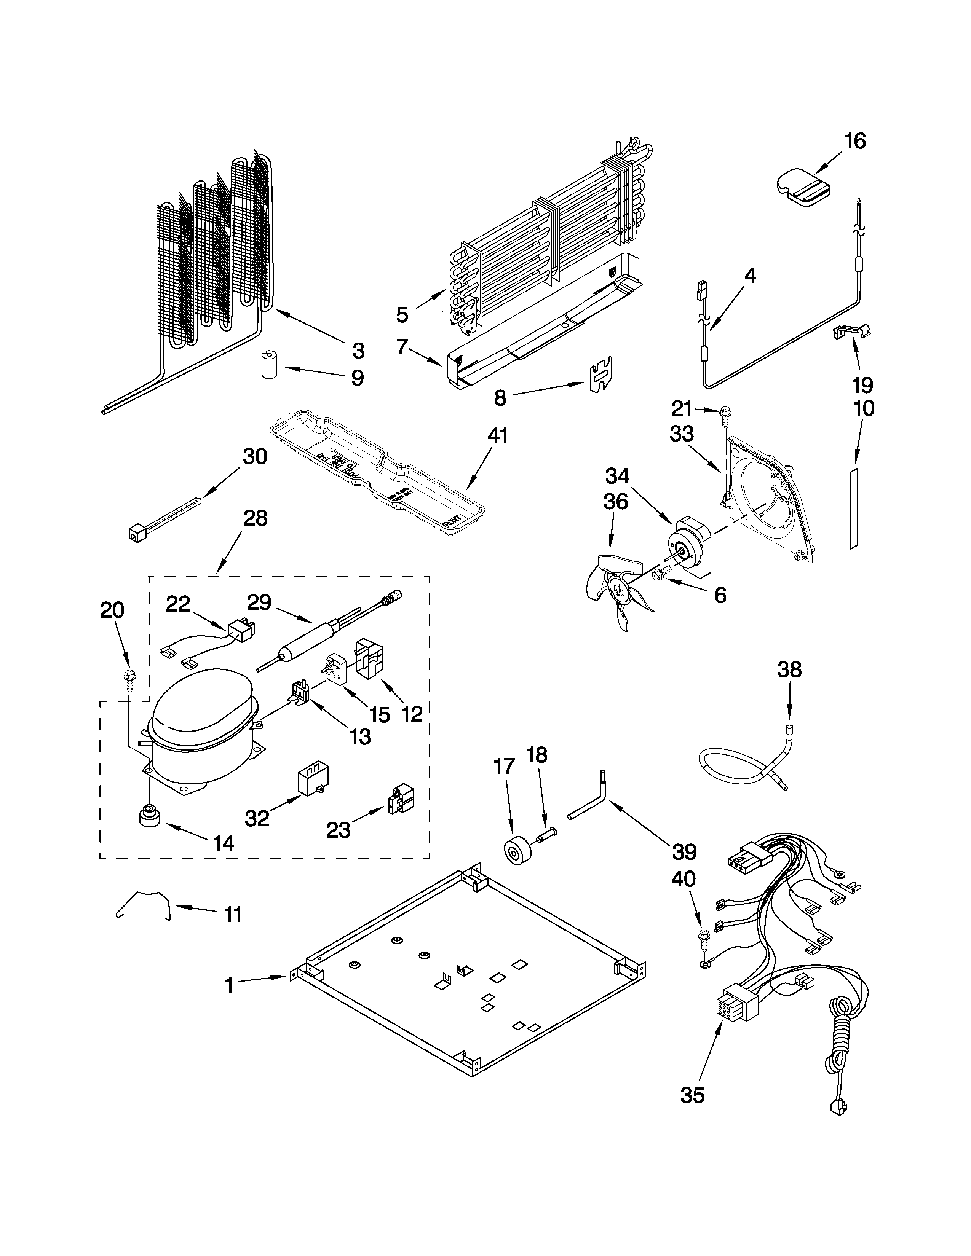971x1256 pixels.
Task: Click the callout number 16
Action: tap(855, 141)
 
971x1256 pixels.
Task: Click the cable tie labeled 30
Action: tap(164, 518)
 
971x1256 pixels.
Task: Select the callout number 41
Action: tap(498, 435)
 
